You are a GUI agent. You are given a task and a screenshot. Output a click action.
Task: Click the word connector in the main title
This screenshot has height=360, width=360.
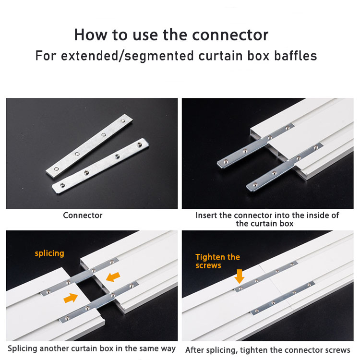230,35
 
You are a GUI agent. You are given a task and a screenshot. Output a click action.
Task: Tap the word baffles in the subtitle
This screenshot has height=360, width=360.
296,56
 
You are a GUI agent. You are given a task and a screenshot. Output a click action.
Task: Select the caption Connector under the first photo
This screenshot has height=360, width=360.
83,215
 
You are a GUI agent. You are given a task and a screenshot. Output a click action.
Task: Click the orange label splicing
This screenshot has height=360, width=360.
49,253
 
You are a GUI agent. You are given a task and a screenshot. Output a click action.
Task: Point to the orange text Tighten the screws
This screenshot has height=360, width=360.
217,261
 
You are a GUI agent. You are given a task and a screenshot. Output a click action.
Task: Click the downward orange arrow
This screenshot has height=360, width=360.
240,276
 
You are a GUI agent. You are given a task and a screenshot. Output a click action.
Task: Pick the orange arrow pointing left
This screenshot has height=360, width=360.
113,277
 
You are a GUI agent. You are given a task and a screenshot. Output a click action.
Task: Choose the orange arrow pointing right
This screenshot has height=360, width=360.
71,298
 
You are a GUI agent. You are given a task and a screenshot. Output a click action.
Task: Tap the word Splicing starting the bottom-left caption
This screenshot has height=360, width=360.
23,348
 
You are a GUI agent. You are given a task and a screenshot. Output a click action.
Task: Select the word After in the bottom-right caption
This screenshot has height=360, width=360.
195,350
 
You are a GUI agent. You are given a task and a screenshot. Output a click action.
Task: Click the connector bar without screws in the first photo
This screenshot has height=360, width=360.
89,146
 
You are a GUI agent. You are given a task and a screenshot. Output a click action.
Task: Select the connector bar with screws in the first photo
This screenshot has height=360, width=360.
101,166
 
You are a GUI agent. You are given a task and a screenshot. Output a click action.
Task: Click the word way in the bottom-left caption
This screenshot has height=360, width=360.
168,349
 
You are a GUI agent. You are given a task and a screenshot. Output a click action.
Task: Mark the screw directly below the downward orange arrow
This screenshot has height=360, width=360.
240,288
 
